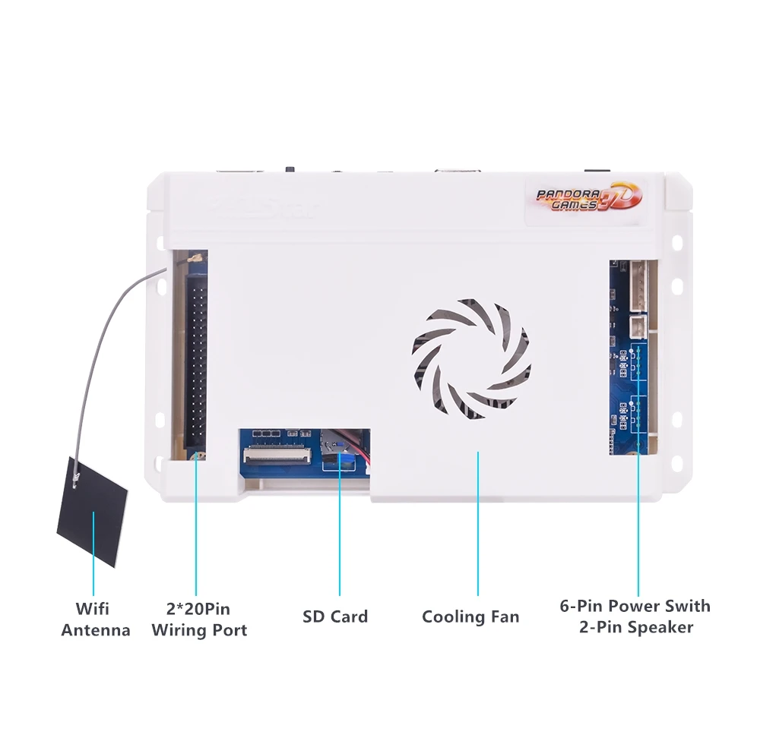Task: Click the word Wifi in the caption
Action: (92, 609)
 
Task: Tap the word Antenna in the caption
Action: (96, 630)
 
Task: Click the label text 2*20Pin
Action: (198, 609)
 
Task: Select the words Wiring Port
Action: (199, 630)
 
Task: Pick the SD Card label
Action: (335, 616)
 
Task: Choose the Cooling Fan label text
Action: (470, 616)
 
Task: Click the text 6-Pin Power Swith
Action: (635, 606)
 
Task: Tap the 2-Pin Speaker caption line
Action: (635, 627)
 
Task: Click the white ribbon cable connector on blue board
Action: (277, 456)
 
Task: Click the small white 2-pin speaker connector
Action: (640, 326)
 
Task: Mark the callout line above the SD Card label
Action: (339, 531)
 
